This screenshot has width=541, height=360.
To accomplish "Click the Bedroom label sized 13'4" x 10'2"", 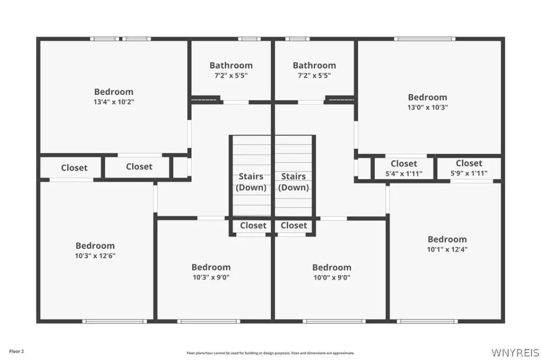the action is (x=114, y=92).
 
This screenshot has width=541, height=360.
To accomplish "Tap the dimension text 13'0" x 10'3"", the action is (x=427, y=107).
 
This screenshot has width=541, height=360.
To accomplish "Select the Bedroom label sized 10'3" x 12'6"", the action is (x=95, y=245).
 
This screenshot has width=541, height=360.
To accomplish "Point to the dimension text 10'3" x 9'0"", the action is (x=211, y=277).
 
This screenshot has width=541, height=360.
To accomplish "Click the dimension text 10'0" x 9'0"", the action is (x=332, y=278).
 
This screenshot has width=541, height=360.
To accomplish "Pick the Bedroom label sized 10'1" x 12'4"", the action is (x=447, y=239).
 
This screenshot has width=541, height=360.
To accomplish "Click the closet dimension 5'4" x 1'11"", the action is (x=404, y=174).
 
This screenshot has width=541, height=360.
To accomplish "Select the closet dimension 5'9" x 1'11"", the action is (x=469, y=173).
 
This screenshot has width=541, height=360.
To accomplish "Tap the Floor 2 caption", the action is (x=16, y=352).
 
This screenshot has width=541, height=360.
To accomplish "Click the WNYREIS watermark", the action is (x=515, y=353).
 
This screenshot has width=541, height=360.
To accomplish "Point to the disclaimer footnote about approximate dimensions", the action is (x=270, y=353).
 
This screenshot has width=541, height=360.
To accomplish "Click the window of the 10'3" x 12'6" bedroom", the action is (x=115, y=321).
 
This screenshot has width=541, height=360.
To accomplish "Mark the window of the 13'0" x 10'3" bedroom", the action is (x=425, y=39).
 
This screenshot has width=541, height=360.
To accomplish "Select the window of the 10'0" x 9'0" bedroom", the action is (x=334, y=321).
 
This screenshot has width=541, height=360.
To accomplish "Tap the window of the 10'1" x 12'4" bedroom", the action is (x=427, y=321).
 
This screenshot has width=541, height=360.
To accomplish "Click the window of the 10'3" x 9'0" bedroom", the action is (x=209, y=321).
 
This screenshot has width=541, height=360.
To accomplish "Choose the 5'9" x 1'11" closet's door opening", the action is (x=472, y=181).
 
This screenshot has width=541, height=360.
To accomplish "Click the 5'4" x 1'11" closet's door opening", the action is (x=406, y=156).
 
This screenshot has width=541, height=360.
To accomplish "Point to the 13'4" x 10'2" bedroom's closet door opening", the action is (x=139, y=155).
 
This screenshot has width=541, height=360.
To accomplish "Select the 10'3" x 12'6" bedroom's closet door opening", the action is (x=71, y=179).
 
